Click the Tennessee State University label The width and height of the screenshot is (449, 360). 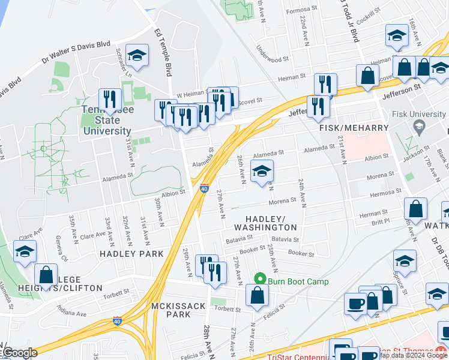[107, 121]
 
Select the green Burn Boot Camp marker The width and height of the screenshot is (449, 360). [260, 279]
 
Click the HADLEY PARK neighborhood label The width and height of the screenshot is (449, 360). [131, 254]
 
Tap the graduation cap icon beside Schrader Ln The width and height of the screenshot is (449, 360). [137, 56]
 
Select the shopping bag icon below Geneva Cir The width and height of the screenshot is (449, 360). [46, 275]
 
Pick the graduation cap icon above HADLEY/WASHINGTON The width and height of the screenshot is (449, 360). [262, 172]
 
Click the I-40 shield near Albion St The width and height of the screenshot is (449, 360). [204, 189]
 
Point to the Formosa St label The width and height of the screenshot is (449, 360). [301, 10]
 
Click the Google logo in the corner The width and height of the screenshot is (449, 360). [19, 353]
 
